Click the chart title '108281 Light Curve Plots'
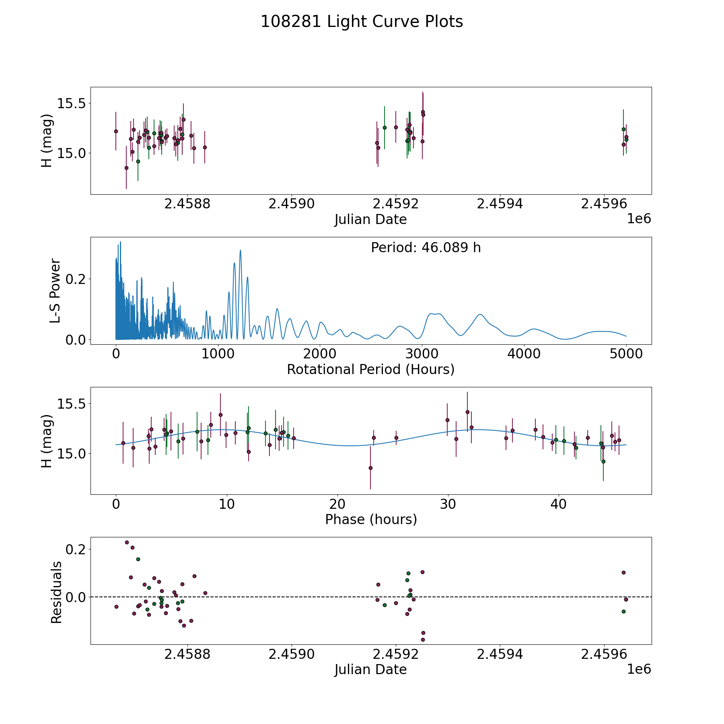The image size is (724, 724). pos(362,22)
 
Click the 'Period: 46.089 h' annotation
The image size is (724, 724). pos(426,248)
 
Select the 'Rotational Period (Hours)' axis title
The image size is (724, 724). pos(370,369)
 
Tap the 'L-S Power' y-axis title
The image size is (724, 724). pos(56,291)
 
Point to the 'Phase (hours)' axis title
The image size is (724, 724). pos(370,519)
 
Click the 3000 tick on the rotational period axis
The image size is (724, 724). pos(422,354)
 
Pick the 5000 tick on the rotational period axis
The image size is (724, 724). pos(626,354)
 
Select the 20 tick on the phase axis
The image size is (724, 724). pos(337,504)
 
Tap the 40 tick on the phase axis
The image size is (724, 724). pos(558,504)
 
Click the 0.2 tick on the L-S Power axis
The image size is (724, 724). pos(76,279)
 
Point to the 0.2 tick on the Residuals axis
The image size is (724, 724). pos(76,549)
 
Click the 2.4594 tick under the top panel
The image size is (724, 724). pos(500,204)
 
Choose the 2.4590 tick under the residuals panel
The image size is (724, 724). pos(292,654)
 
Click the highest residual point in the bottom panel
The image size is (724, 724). pos(127,542)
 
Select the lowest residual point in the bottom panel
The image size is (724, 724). pos(423,640)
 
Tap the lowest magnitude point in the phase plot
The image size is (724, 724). pos(370,468)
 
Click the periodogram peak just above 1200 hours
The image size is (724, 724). pos(240,250)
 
